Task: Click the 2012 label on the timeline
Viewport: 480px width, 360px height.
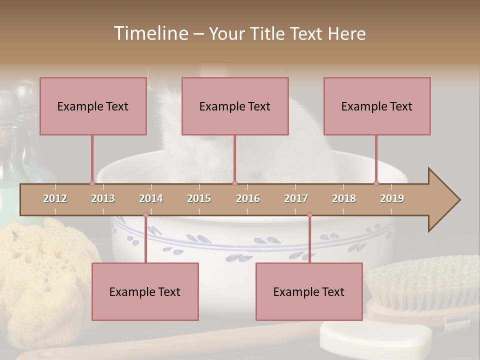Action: click(x=55, y=198)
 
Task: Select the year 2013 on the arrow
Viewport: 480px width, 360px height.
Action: click(x=103, y=198)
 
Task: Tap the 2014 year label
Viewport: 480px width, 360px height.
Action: click(x=151, y=198)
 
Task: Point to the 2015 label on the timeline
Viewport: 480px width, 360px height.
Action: click(x=199, y=198)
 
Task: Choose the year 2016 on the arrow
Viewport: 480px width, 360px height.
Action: click(x=248, y=198)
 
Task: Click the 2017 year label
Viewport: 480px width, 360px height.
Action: click(x=296, y=198)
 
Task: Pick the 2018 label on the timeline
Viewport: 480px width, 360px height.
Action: click(x=344, y=198)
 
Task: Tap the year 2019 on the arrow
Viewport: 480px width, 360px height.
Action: click(x=392, y=198)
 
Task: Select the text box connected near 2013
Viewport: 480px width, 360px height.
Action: click(x=93, y=106)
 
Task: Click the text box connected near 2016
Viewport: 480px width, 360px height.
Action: click(x=235, y=106)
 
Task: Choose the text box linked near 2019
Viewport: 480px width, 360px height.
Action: click(x=377, y=106)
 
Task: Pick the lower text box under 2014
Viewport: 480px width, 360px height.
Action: click(x=145, y=291)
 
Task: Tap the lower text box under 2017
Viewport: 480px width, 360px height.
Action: click(x=309, y=291)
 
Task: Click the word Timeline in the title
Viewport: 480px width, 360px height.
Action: click(x=150, y=33)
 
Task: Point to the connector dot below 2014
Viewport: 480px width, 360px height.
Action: click(x=145, y=215)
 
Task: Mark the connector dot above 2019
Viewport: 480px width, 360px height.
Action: click(x=376, y=183)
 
